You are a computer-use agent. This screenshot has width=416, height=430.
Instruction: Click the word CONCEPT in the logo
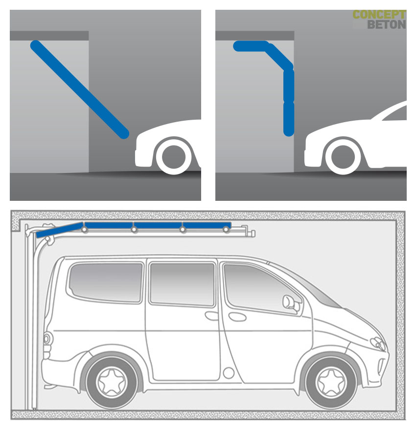[x=379, y=15]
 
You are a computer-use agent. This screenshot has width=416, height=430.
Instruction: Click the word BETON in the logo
[x=387, y=24]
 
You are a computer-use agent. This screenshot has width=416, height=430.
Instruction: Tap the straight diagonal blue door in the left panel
[x=80, y=89]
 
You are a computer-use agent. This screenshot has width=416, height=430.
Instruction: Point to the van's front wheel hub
[x=332, y=383]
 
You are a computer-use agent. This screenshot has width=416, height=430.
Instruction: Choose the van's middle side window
[x=183, y=284]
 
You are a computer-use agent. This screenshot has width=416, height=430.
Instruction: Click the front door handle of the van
[x=237, y=317]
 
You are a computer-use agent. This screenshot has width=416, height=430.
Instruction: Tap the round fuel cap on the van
[x=229, y=373]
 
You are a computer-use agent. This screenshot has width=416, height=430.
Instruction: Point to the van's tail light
[x=47, y=339]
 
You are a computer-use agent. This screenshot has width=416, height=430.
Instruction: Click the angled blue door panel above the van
[x=60, y=230]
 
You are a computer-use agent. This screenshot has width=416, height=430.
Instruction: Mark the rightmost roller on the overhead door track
[x=226, y=229]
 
